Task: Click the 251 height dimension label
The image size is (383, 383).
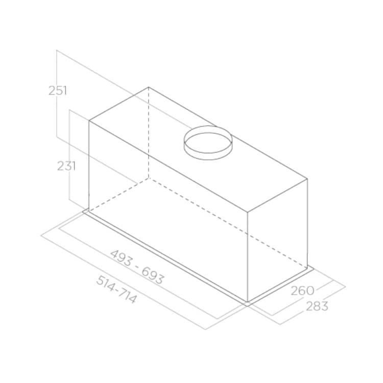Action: click(x=58, y=91)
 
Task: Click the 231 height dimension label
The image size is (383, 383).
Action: click(x=66, y=166)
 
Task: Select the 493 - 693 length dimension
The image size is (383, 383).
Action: click(x=137, y=266)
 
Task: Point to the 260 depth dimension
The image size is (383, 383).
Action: click(x=302, y=291)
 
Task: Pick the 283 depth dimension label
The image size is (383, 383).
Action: click(x=317, y=306)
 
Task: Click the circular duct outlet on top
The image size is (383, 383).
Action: click(x=208, y=142)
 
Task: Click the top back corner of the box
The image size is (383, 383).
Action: click(x=149, y=87)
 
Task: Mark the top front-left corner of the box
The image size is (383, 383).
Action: click(x=89, y=121)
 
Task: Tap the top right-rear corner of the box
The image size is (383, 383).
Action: click(x=307, y=179)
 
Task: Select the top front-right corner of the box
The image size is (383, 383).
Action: click(x=248, y=212)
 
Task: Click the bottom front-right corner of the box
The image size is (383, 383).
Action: click(x=248, y=302)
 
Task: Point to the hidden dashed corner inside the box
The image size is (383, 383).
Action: click(x=149, y=178)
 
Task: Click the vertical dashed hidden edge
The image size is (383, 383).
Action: click(x=149, y=133)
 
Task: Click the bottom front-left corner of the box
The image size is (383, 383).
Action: click(x=89, y=210)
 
